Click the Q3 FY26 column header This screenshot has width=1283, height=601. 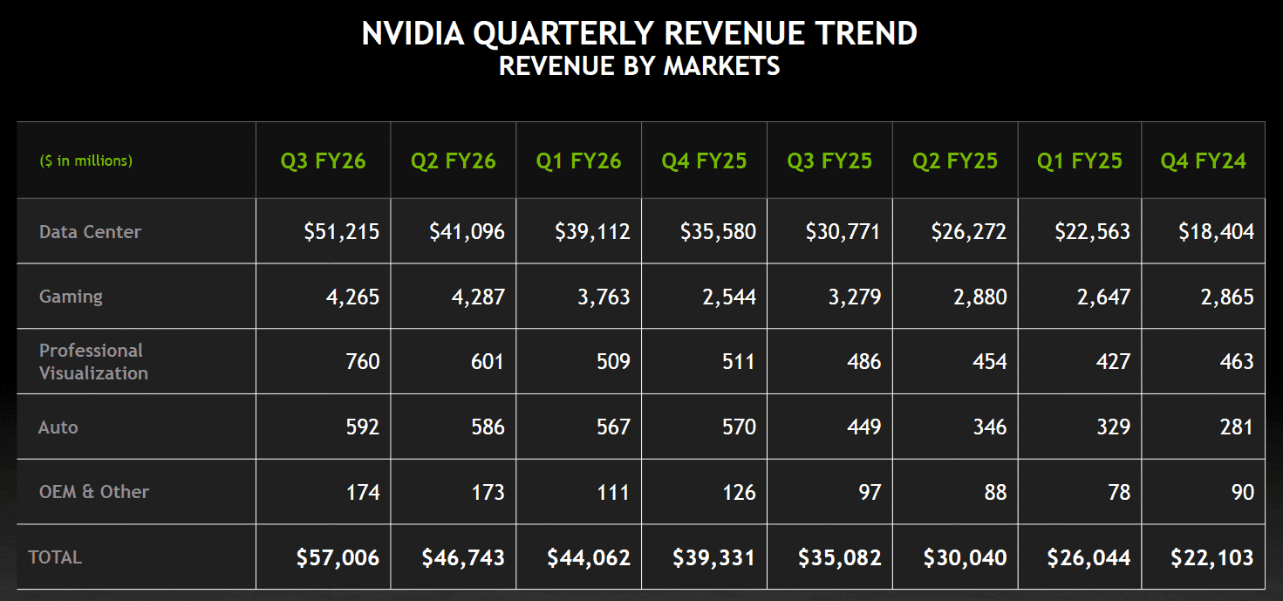click(323, 161)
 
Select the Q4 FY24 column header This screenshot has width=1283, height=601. click(1203, 161)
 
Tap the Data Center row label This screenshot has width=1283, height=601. click(90, 232)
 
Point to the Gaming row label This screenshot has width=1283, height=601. click(71, 297)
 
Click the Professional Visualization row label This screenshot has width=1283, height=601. click(93, 362)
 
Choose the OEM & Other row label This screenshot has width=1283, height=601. click(94, 492)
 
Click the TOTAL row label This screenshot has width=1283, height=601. click(55, 557)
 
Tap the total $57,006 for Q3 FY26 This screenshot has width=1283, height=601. click(338, 557)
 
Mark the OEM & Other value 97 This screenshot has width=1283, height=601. click(870, 493)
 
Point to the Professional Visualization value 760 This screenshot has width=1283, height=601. click(362, 362)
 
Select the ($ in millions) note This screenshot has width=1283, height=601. click(85, 161)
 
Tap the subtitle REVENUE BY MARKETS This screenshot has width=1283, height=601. click(639, 65)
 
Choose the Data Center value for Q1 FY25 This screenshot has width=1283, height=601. click(1091, 232)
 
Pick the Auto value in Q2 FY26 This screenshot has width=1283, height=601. click(488, 427)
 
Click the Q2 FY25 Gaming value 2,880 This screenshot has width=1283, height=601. click(979, 297)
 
